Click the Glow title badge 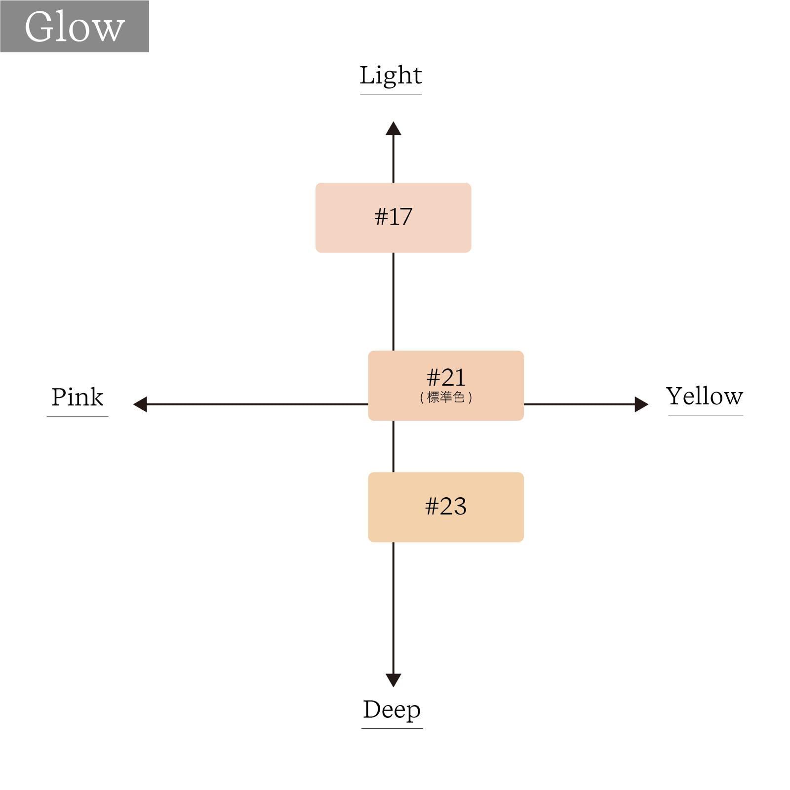pos(75,26)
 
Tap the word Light pos(391,76)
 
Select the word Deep pos(392,711)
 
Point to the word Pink pos(78,397)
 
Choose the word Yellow pos(705,396)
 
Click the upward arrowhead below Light pos(394,128)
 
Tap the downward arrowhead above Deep pos(394,680)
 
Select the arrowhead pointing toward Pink pos(140,404)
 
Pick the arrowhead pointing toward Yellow pos(641,404)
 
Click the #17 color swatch pos(394,218)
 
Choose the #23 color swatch pos(446,507)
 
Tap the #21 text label pos(446,378)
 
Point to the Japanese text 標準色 pos(446,397)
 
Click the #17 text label pos(394,217)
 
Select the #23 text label pos(446,507)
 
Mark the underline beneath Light pos(391,94)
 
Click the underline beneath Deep pos(392,728)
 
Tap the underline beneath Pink pos(78,416)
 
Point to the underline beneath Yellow pos(706,415)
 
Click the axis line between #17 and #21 pos(394,302)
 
